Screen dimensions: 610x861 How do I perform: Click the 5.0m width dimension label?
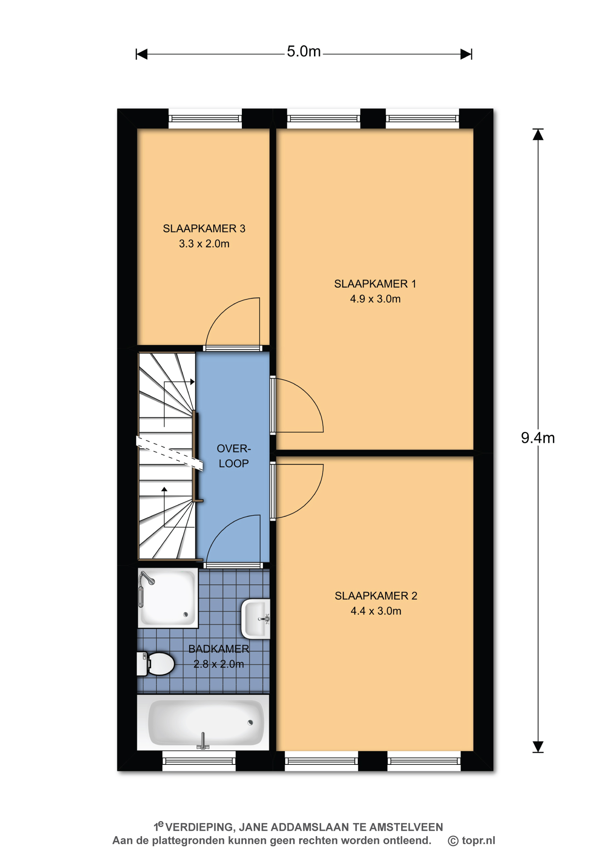pyautogui.click(x=304, y=51)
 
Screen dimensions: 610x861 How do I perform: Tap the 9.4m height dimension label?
pyautogui.click(x=538, y=438)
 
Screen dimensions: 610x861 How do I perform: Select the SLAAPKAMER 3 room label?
pyautogui.click(x=204, y=228)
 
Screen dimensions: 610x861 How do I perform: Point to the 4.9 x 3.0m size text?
pyautogui.click(x=375, y=299)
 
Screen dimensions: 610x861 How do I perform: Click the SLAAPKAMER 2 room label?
pyautogui.click(x=376, y=596)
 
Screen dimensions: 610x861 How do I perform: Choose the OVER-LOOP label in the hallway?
pyautogui.click(x=234, y=456)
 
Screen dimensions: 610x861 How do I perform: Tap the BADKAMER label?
pyautogui.click(x=219, y=649)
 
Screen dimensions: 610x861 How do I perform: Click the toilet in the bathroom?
pyautogui.click(x=155, y=664)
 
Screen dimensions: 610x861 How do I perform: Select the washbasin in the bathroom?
pyautogui.click(x=256, y=619)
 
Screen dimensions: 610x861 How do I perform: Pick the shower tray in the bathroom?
pyautogui.click(x=168, y=598)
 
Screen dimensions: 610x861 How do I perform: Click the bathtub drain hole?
pyautogui.click(x=250, y=723)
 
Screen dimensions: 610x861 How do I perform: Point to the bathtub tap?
pyautogui.click(x=203, y=741)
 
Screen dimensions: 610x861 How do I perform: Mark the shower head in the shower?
pyautogui.click(x=147, y=578)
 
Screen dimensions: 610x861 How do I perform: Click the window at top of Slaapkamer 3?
pyautogui.click(x=205, y=119)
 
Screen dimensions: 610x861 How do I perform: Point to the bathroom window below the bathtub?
pyautogui.click(x=199, y=761)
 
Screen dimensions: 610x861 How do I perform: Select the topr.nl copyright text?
pyautogui.click(x=471, y=840)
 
